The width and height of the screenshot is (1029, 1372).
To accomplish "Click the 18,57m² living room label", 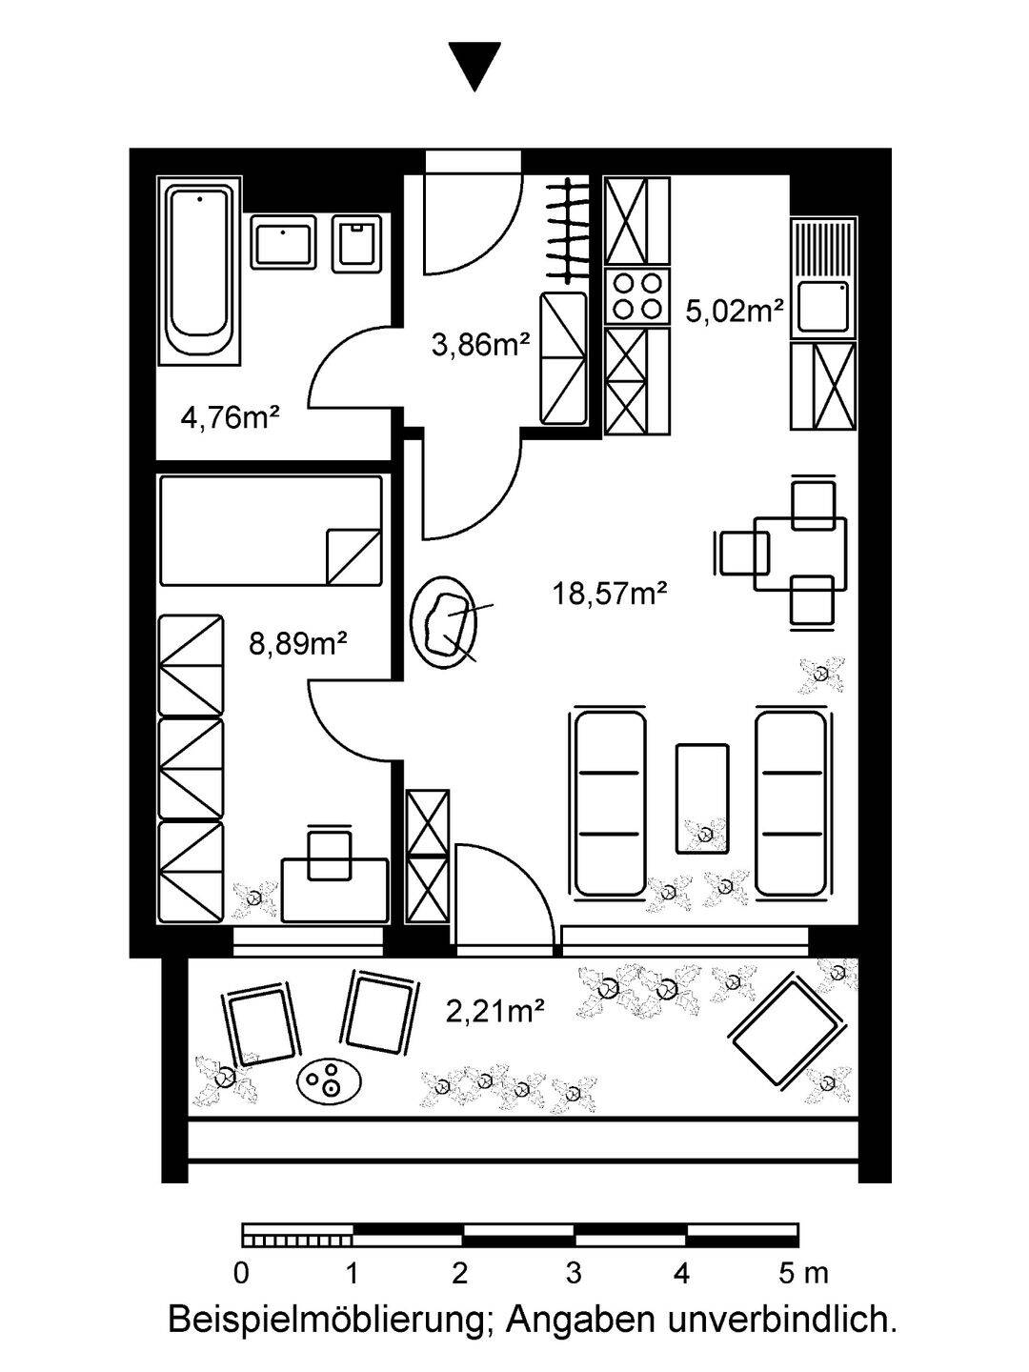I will (609, 594).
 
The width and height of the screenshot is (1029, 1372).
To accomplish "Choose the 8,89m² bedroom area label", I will (296, 644).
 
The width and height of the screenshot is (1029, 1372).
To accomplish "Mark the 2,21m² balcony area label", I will (495, 1010).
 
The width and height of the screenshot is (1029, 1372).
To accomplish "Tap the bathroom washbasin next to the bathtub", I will (284, 241).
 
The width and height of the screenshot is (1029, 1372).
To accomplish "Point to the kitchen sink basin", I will (821, 307).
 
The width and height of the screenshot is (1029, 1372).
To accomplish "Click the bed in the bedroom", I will (271, 530).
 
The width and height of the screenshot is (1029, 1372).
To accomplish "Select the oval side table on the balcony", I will (329, 1080).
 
